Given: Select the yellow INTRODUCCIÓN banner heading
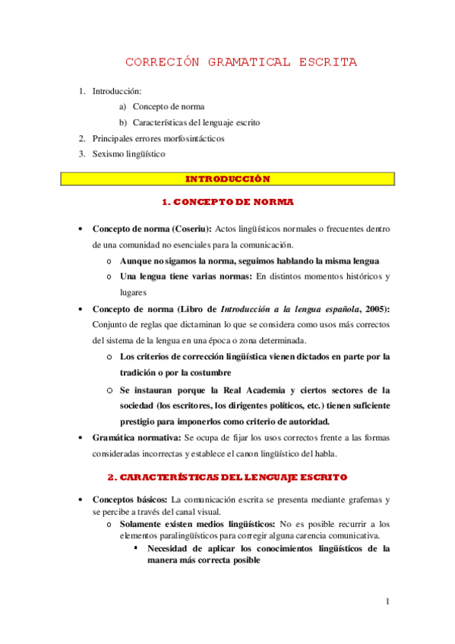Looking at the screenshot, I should [x=228, y=179].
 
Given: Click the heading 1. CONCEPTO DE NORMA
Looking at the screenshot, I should [x=228, y=203].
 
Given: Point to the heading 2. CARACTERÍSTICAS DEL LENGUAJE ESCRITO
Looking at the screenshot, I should [x=227, y=477].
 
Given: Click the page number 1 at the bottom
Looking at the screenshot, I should [x=387, y=602].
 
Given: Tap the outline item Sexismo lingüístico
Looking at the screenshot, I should [x=128, y=153].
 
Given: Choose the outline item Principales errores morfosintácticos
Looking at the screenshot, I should [x=158, y=139].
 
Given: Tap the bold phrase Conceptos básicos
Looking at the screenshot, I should [x=130, y=500].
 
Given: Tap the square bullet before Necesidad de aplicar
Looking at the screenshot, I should [x=136, y=548].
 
